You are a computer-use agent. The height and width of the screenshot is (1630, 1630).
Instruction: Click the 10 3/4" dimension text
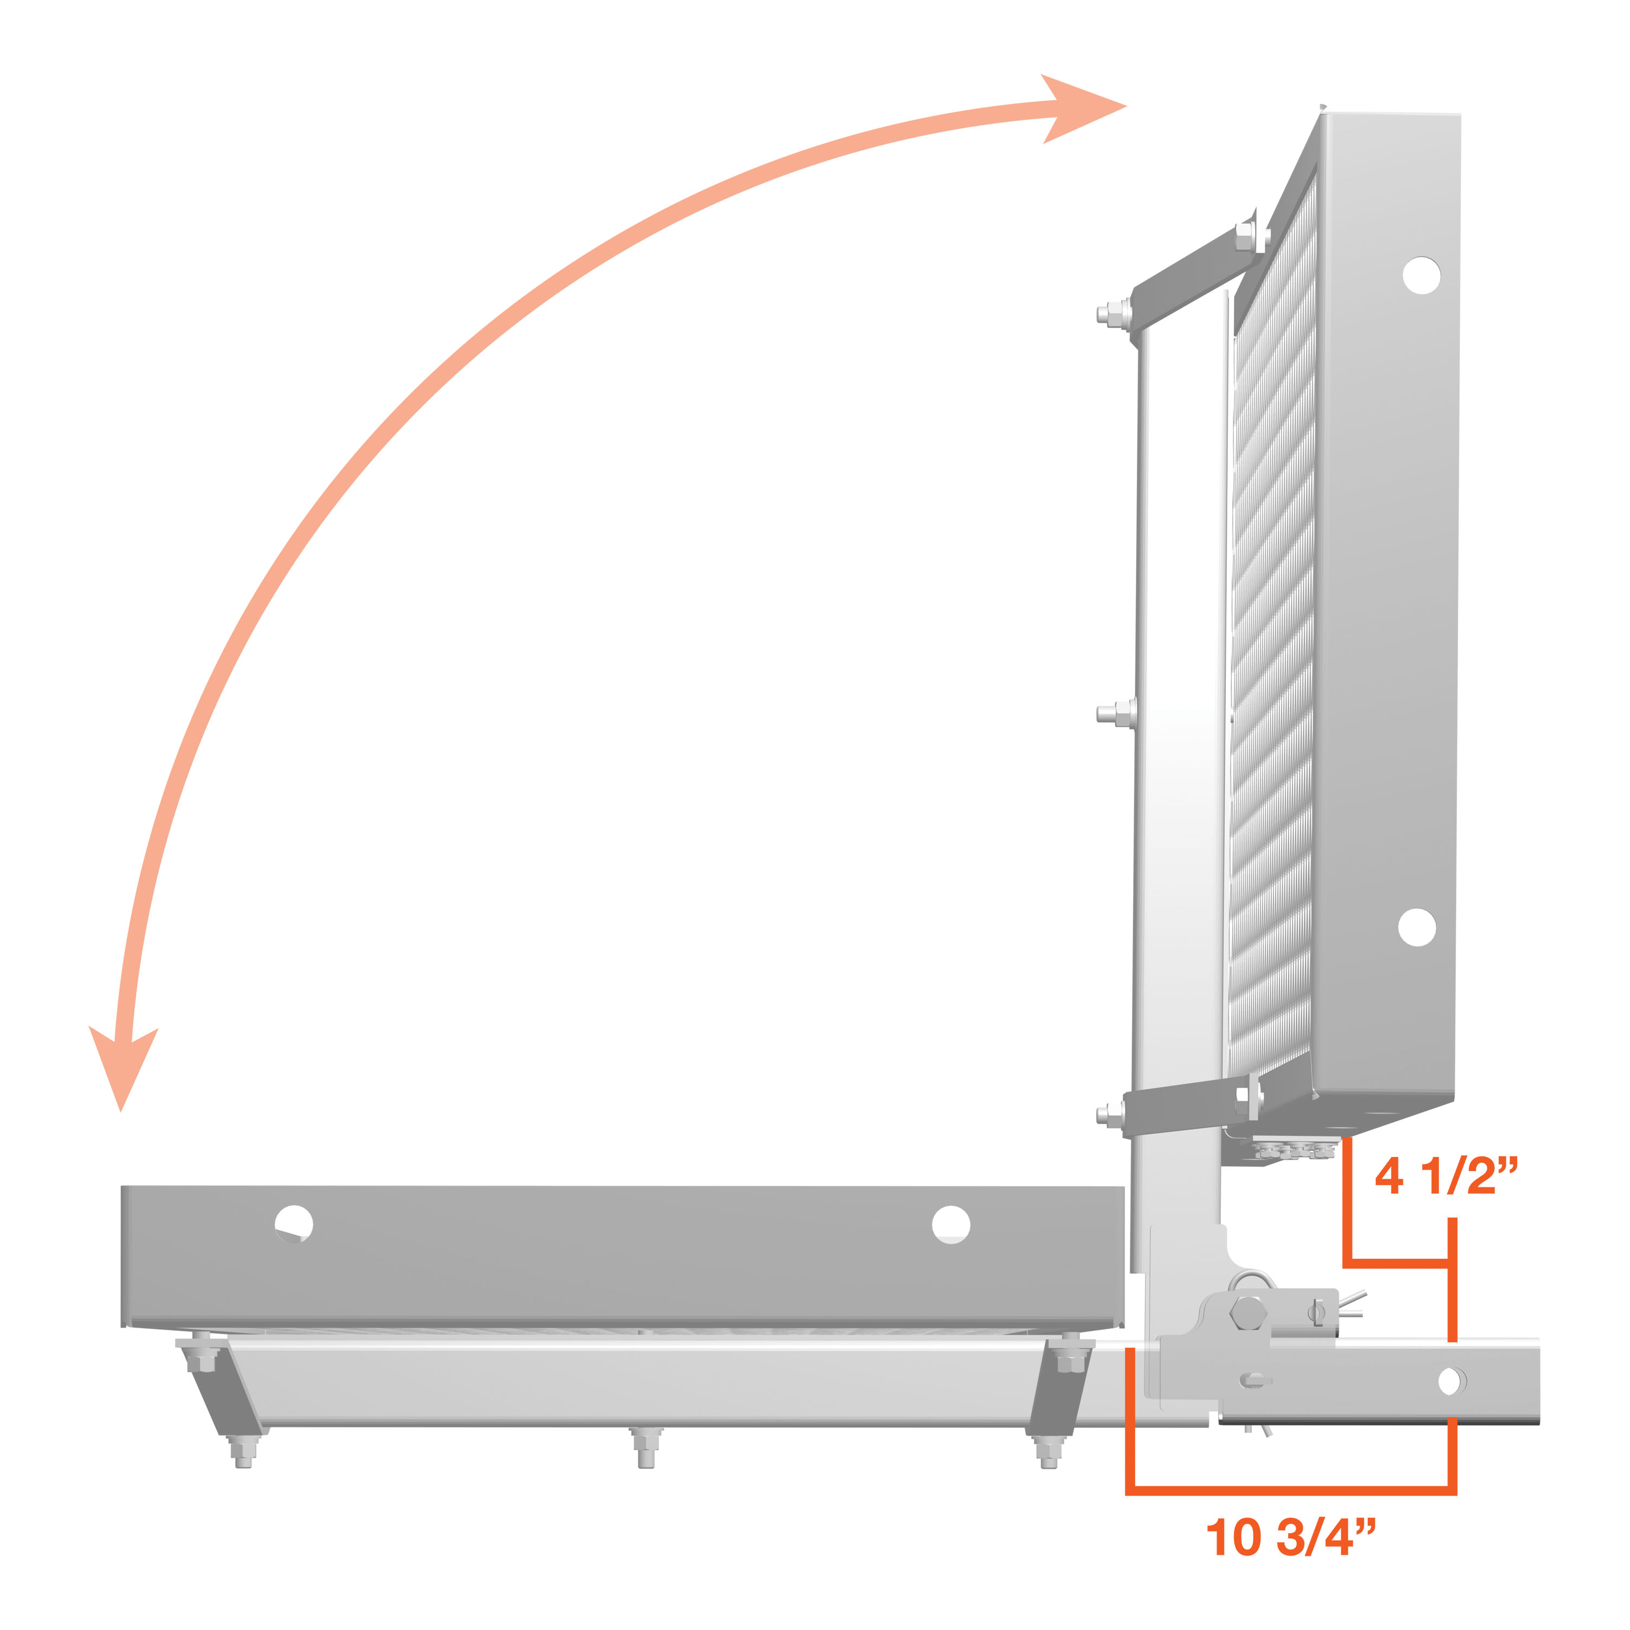pyautogui.click(x=1291, y=1537)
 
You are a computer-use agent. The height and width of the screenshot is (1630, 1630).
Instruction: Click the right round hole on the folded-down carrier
pyautogui.click(x=951, y=1224)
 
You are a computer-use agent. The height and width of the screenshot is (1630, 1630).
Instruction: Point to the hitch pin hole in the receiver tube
pyautogui.click(x=1450, y=1381)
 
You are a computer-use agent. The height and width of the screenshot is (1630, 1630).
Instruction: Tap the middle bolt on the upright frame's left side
pyautogui.click(x=1115, y=713)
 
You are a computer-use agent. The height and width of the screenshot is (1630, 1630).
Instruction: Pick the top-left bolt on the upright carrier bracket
pyautogui.click(x=1114, y=315)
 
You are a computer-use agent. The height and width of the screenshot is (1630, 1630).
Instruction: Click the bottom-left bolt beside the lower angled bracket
pyautogui.click(x=1114, y=1115)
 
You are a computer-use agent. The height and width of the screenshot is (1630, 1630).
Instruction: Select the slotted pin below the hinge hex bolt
pyautogui.click(x=1254, y=1380)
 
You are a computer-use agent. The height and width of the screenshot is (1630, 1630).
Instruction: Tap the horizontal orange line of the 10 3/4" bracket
pyautogui.click(x=1291, y=1490)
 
